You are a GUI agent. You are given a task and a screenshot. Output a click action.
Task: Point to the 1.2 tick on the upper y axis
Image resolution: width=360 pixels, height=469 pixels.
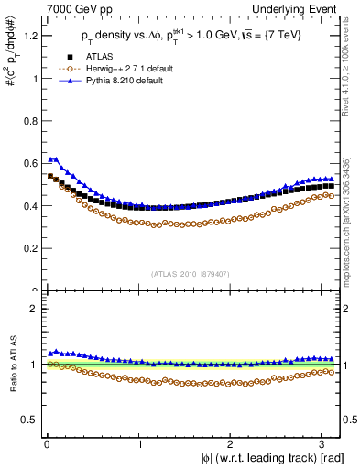click(x=27, y=36)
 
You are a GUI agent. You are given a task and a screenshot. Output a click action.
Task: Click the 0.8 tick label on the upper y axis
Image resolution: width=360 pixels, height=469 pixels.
click(x=27, y=121)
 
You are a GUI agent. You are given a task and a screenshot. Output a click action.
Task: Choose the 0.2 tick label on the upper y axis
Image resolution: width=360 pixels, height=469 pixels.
click(x=27, y=248)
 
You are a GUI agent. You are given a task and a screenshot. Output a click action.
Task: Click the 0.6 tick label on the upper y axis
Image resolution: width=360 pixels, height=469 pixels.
click(x=27, y=163)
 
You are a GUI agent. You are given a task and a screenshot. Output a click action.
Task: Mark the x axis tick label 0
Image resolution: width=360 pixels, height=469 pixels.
click(x=47, y=445)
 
